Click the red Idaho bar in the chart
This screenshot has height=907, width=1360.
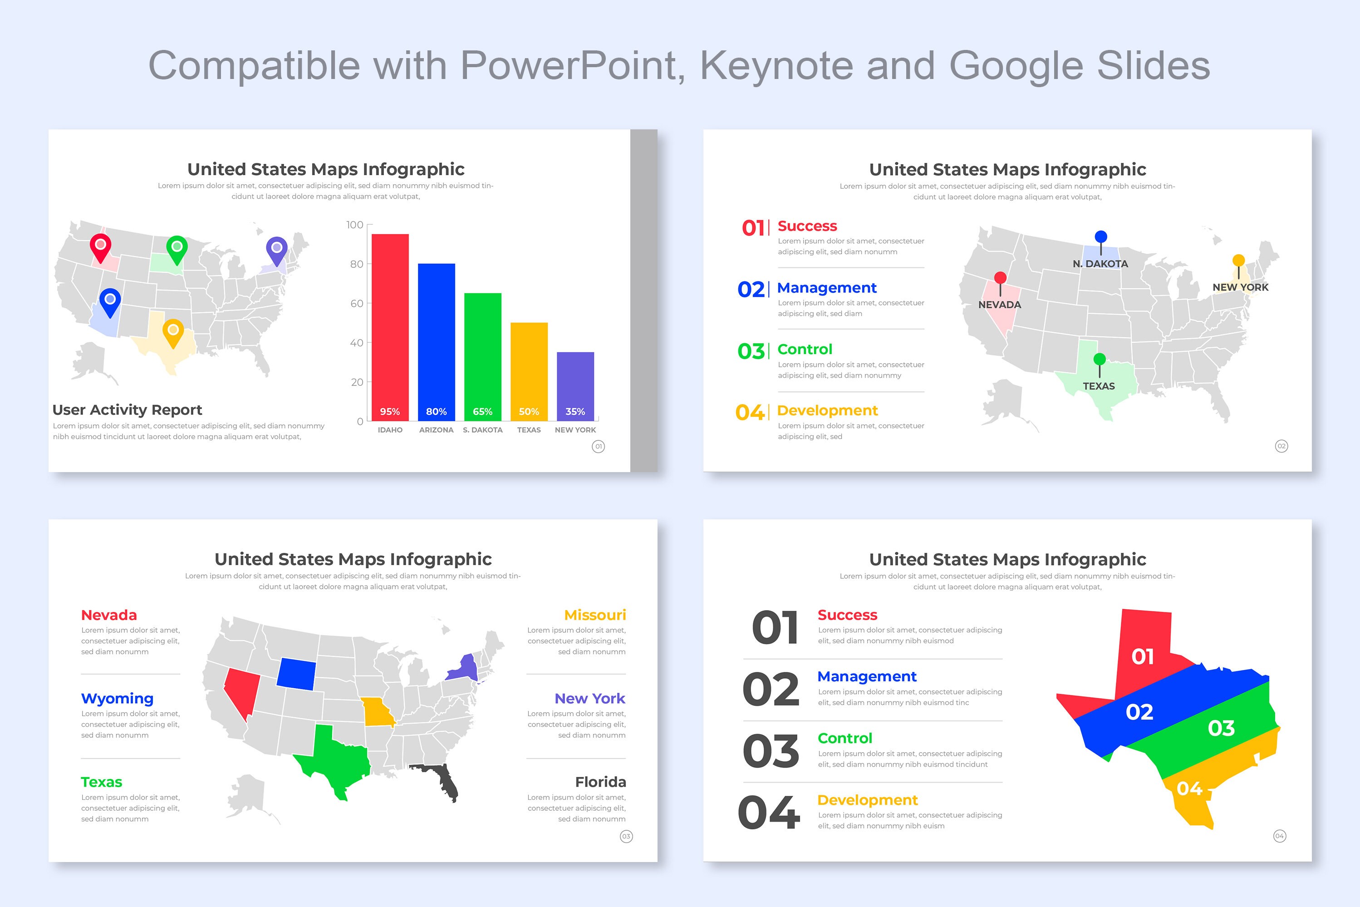390,324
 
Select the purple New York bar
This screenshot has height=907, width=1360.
575,384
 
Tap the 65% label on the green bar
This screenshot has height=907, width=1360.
482,411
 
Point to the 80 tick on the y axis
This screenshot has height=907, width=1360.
356,264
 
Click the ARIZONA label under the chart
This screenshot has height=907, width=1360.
436,430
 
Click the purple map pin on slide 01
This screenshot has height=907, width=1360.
276,250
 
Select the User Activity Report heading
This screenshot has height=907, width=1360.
127,409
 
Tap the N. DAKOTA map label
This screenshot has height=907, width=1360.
1100,264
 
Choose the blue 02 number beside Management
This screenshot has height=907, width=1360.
751,289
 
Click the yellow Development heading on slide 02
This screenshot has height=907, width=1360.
827,411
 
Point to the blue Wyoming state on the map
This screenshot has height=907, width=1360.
296,674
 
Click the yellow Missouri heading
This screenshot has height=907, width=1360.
594,615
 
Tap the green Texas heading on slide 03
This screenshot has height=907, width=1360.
101,782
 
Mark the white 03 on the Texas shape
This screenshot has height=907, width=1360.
1221,728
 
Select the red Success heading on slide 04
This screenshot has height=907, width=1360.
847,615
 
